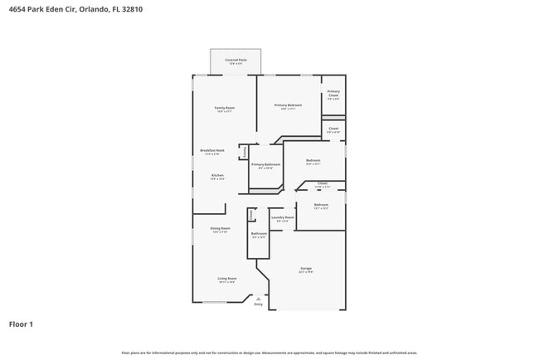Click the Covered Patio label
(236, 61)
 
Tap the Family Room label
(225, 109)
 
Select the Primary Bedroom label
(289, 106)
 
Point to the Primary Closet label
(333, 93)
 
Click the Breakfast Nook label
(211, 151)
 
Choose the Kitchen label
(217, 176)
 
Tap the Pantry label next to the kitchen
(245, 152)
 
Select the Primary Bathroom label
(265, 165)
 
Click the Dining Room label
(220, 229)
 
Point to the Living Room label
(227, 279)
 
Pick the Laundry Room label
(283, 218)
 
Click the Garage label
(306, 269)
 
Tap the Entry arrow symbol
(258, 299)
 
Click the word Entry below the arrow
(258, 305)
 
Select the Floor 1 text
(21, 324)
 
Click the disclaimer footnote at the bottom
(269, 353)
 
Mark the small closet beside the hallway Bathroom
(251, 215)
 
